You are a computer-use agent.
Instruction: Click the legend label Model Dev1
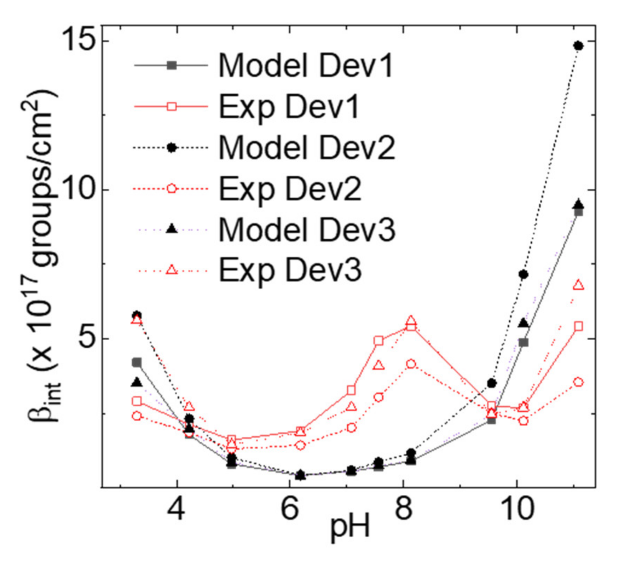306,66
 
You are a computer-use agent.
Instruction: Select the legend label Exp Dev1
289,107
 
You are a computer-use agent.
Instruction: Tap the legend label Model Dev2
307,147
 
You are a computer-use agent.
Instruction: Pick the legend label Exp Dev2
289,189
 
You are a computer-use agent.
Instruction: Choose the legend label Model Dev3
307,230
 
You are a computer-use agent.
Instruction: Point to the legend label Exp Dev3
289,270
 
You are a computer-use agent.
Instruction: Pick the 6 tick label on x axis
290,509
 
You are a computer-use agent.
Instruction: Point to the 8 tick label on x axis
404,509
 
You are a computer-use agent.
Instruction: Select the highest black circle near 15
578,46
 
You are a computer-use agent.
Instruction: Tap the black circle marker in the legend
171,147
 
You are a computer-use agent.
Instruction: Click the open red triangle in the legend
171,270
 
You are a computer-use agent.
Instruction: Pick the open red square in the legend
171,106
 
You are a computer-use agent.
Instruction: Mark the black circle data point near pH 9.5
492,383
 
